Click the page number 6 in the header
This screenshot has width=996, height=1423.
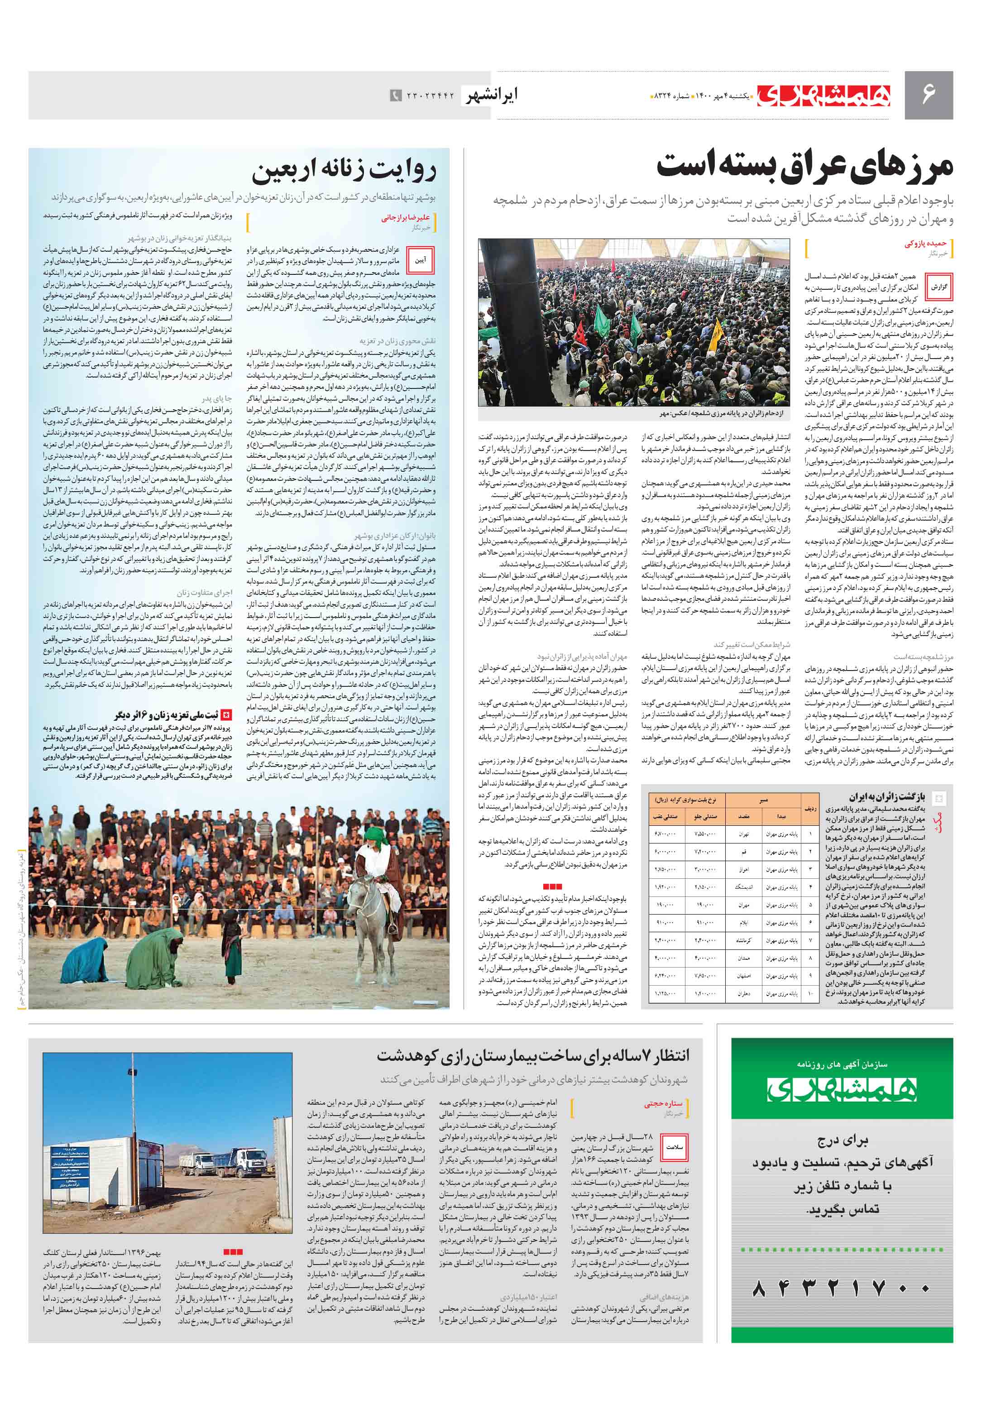click(928, 95)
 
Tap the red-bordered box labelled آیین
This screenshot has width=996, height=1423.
click(420, 260)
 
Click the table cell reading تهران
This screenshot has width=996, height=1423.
click(743, 834)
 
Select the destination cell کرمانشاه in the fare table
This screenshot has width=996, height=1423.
click(743, 940)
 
